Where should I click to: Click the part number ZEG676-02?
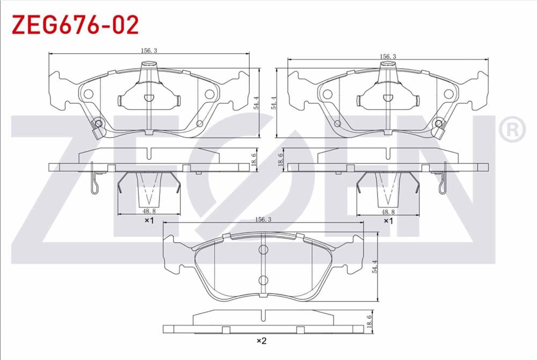[x=75, y=24]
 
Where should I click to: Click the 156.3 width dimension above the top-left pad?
[x=149, y=50]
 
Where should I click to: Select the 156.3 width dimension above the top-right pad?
[x=388, y=56]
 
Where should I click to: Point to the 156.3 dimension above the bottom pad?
[x=263, y=219]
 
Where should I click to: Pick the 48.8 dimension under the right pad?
[x=388, y=212]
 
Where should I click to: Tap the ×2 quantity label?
[x=262, y=341]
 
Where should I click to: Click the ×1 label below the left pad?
[x=149, y=221]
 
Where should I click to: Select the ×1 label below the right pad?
[x=388, y=221]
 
